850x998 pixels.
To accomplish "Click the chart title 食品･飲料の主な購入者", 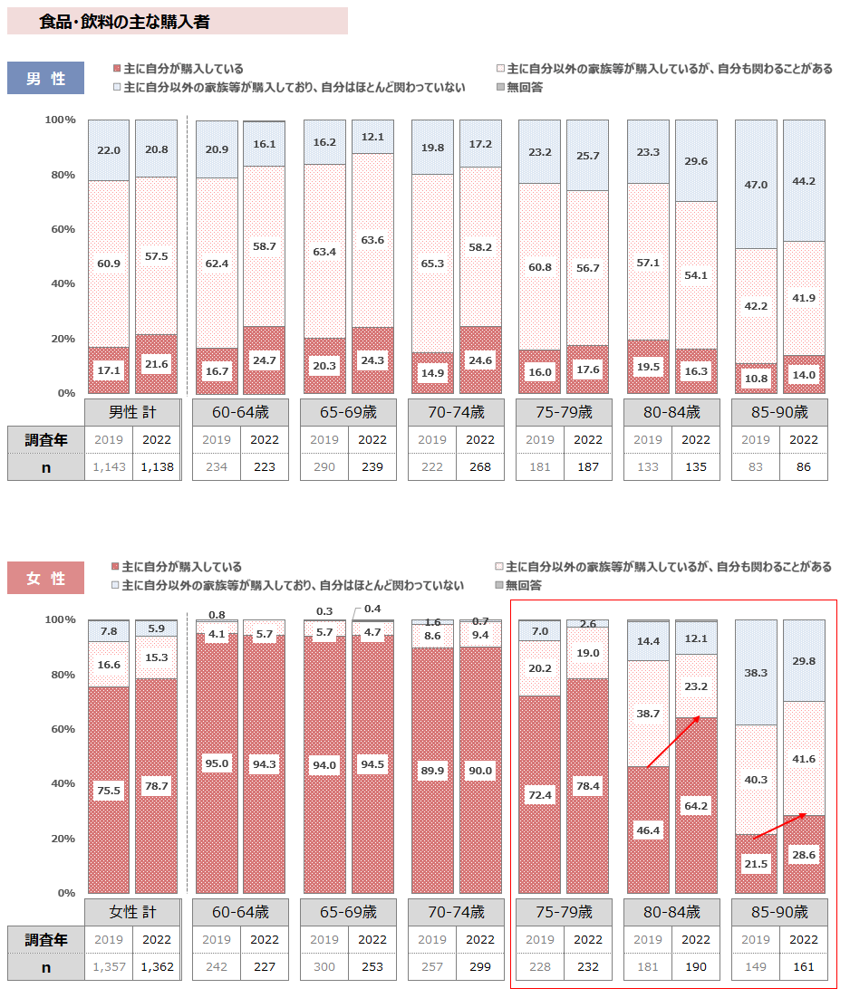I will click(x=125, y=22).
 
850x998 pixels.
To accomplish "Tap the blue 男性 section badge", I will click(x=45, y=78).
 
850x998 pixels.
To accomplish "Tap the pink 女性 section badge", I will click(x=45, y=578).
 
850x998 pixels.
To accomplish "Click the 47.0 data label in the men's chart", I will click(x=756, y=185).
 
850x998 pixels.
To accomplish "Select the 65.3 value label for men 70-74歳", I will click(x=431, y=264).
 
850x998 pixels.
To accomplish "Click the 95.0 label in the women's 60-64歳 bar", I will click(x=217, y=763).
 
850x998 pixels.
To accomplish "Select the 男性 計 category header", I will click(x=132, y=412).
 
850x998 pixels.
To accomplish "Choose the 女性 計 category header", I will click(x=132, y=911).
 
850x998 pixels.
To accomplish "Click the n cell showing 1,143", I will click(x=108, y=467).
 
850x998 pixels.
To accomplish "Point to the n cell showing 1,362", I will click(x=156, y=967).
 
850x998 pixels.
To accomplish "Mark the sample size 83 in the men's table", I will click(x=756, y=467).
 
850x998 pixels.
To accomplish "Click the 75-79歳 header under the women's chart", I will click(x=564, y=911).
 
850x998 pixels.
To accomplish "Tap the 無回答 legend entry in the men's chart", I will click(x=518, y=87).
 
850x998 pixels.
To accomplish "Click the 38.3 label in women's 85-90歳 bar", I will click(x=756, y=673).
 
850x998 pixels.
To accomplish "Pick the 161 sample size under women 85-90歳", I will click(x=804, y=967).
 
